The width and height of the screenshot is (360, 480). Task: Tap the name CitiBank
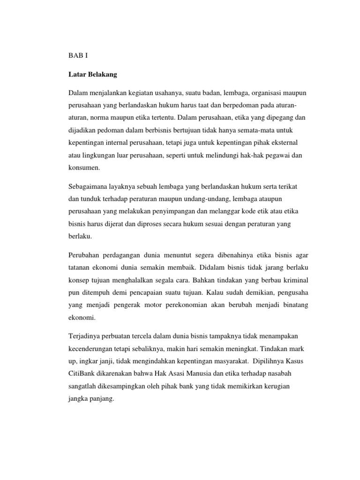click(83, 374)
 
